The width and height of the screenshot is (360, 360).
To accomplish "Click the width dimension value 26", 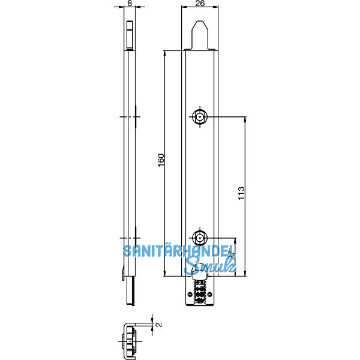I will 200,4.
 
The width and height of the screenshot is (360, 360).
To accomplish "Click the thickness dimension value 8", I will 130,4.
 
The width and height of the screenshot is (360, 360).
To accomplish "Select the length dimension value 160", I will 160,161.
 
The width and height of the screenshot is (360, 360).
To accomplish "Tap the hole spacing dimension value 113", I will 241,194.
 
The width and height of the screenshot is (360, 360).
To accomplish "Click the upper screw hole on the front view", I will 199,116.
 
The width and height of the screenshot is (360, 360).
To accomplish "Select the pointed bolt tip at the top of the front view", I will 200,33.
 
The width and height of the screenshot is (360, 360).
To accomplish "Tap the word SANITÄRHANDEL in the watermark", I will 178,253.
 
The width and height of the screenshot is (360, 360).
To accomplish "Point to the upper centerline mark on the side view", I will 130,116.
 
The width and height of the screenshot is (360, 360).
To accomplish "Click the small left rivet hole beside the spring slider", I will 191,295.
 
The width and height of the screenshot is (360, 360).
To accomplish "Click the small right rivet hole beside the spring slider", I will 208,295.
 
